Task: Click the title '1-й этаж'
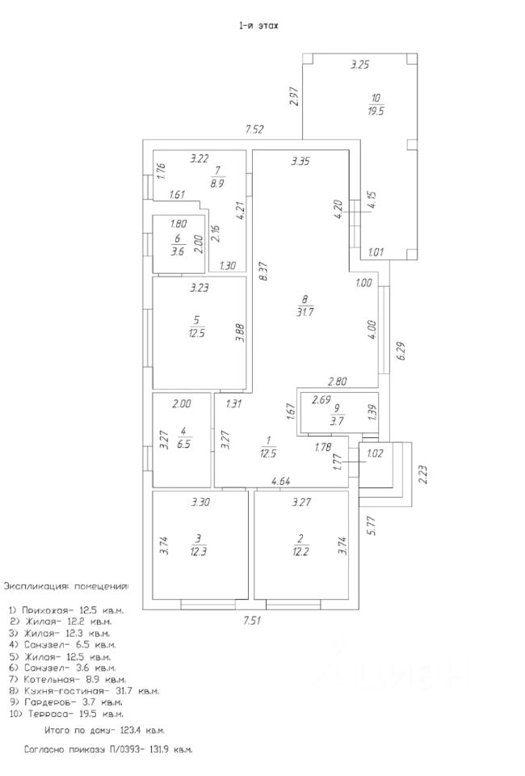tap(258, 26)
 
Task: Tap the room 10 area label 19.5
tap(374, 111)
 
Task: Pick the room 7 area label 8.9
tap(218, 183)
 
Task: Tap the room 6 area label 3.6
tap(178, 251)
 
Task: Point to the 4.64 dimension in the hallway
tap(281, 482)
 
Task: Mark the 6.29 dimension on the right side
tap(401, 351)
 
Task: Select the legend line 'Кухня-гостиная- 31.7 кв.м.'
tap(84, 691)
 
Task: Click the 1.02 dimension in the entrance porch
tap(375, 453)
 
